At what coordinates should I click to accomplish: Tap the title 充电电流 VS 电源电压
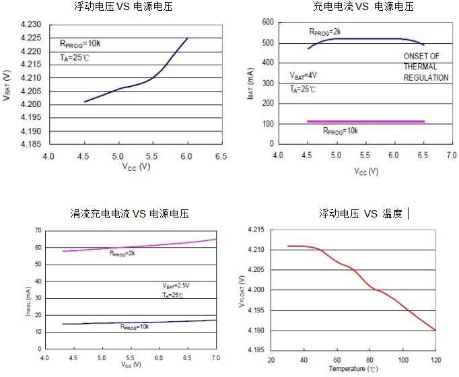pyautogui.click(x=363, y=7)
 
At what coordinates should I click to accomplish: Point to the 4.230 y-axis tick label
pyautogui.click(x=32, y=25)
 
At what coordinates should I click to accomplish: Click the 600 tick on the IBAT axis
pyautogui.click(x=267, y=22)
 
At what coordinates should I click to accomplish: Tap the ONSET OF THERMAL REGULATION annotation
pyautogui.click(x=425, y=67)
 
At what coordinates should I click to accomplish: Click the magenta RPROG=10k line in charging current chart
pyautogui.click(x=365, y=121)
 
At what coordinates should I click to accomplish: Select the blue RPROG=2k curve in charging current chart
pyautogui.click(x=363, y=38)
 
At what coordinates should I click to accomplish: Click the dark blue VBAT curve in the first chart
pyautogui.click(x=135, y=87)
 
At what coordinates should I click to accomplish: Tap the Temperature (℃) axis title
pyautogui.click(x=353, y=369)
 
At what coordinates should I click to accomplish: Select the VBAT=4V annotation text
pyautogui.click(x=303, y=75)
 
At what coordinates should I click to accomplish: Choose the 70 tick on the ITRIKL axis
pyautogui.click(x=38, y=230)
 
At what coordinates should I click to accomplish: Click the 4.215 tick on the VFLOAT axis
pyautogui.click(x=256, y=230)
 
